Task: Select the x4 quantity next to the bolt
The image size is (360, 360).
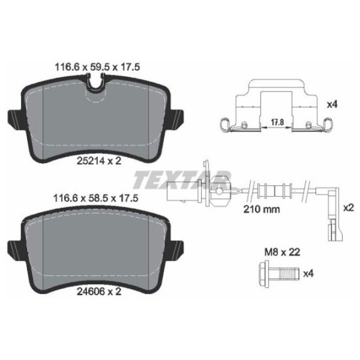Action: tap(308, 275)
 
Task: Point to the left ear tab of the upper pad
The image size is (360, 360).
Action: tap(13, 117)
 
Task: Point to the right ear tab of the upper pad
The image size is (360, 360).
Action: tap(178, 117)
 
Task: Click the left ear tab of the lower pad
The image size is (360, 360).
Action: tap(13, 247)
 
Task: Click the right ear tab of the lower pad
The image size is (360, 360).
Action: tap(178, 247)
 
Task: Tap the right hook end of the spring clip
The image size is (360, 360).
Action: tap(328, 124)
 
